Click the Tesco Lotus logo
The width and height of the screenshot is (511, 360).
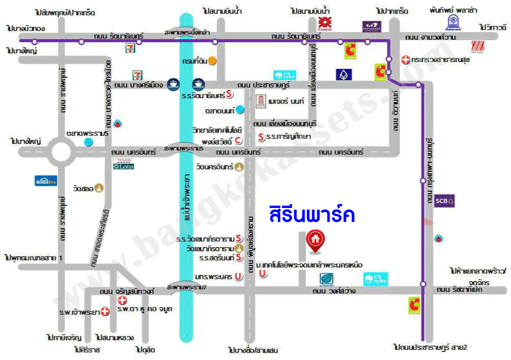[x=123, y=164]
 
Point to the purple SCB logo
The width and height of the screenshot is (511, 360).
[x=444, y=200]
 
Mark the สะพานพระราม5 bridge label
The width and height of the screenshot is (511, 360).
[x=184, y=148]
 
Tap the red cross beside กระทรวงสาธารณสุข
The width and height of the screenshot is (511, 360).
[x=405, y=59]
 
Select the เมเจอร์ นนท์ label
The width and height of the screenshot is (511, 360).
[x=287, y=102]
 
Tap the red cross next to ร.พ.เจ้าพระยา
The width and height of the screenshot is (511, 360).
[x=104, y=311]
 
